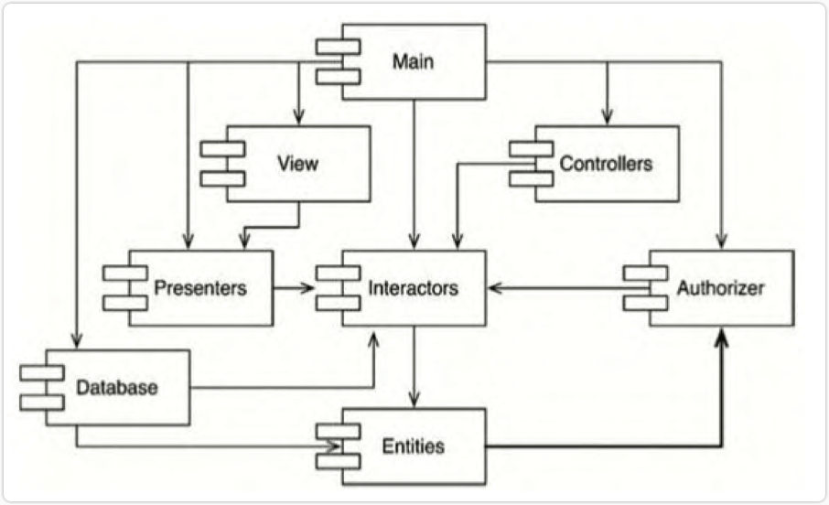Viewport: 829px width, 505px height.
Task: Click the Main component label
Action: pos(412,62)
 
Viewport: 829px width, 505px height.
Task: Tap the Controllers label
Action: pos(606,164)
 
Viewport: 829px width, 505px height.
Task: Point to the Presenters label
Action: pos(200,288)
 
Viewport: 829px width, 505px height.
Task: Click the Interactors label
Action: pos(413,288)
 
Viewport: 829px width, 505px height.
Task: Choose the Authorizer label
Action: pos(720,288)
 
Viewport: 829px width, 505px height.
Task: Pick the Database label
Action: pos(118,387)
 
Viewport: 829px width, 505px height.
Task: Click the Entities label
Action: pos(413,446)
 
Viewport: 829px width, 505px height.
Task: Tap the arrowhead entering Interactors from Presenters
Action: pos(309,288)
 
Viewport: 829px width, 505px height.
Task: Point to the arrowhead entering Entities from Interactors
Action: pos(414,402)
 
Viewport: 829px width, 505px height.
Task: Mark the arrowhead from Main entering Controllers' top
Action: pos(606,119)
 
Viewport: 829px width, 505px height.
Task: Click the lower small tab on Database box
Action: pos(42,403)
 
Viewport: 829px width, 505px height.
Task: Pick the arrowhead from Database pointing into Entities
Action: pos(335,446)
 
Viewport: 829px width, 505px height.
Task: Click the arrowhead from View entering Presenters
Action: pos(243,242)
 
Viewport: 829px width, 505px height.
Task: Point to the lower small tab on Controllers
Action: pos(532,178)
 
